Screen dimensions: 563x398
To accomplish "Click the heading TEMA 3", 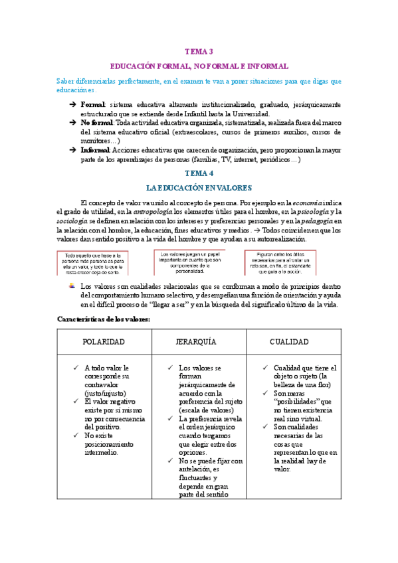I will click(199, 51).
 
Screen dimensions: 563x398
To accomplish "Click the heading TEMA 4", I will click(199, 173).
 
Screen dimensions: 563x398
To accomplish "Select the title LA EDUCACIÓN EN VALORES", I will click(199, 188).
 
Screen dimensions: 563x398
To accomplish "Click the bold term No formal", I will click(96, 123).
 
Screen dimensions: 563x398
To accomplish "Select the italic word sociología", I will click(72, 221).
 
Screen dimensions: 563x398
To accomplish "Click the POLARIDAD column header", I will click(104, 341).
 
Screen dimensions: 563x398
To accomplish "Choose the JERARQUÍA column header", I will click(199, 341).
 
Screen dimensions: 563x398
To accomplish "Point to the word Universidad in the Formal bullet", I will click(245, 114).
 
